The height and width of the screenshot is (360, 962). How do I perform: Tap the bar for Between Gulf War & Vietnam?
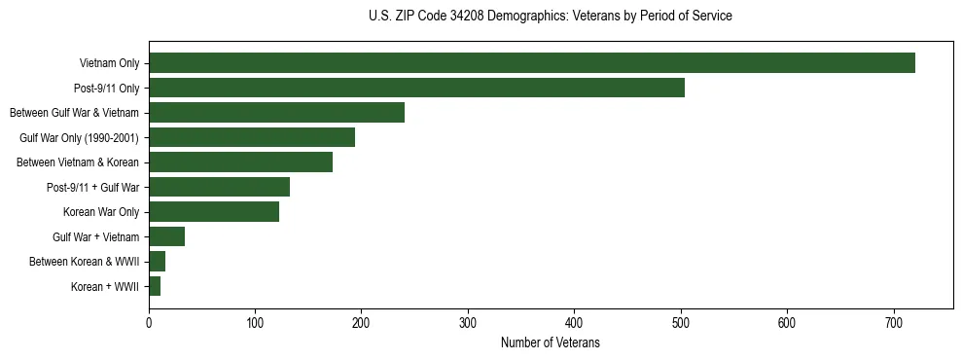click(276, 113)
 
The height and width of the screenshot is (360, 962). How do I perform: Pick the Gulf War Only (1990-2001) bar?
click(252, 137)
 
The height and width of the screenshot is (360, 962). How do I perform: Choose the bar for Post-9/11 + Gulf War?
click(219, 187)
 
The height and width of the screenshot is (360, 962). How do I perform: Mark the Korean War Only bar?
click(214, 212)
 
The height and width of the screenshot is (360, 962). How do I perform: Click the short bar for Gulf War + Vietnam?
click(166, 236)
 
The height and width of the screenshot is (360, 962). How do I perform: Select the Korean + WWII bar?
click(155, 286)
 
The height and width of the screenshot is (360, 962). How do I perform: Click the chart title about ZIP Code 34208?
click(551, 17)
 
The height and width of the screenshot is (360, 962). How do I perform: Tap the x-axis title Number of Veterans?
click(551, 343)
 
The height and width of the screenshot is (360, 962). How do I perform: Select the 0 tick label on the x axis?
click(149, 324)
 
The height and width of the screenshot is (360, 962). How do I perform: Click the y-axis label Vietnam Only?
click(109, 64)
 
